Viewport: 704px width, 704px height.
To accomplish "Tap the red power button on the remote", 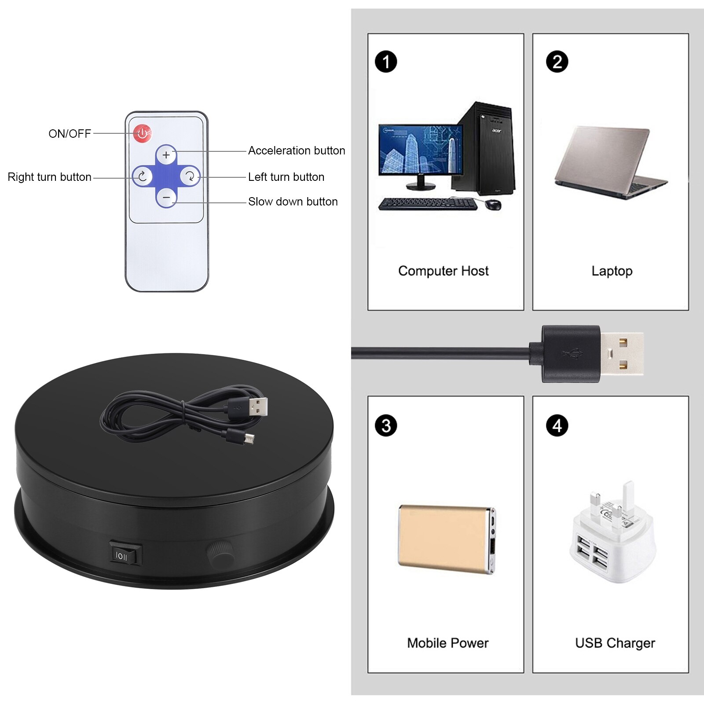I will pos(143,133).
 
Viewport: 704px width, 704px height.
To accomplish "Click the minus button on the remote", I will pos(166,198).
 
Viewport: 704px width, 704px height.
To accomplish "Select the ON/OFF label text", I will pos(70,134).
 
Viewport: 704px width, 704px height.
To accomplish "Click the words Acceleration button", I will pos(296,150).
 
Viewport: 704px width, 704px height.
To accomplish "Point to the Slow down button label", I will pos(293,202).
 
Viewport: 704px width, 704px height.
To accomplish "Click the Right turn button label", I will pos(49,177).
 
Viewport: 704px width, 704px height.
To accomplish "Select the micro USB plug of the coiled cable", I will pos(249,439).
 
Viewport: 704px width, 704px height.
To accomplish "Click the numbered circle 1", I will pos(386,62).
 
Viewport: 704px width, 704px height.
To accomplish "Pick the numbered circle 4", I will pos(557,425).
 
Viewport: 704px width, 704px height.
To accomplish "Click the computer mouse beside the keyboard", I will pos(494,205).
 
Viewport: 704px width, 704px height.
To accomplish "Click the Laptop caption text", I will pos(612,271).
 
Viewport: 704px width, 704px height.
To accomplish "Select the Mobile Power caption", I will pos(447,643).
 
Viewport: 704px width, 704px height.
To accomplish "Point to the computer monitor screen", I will pos(420,149).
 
